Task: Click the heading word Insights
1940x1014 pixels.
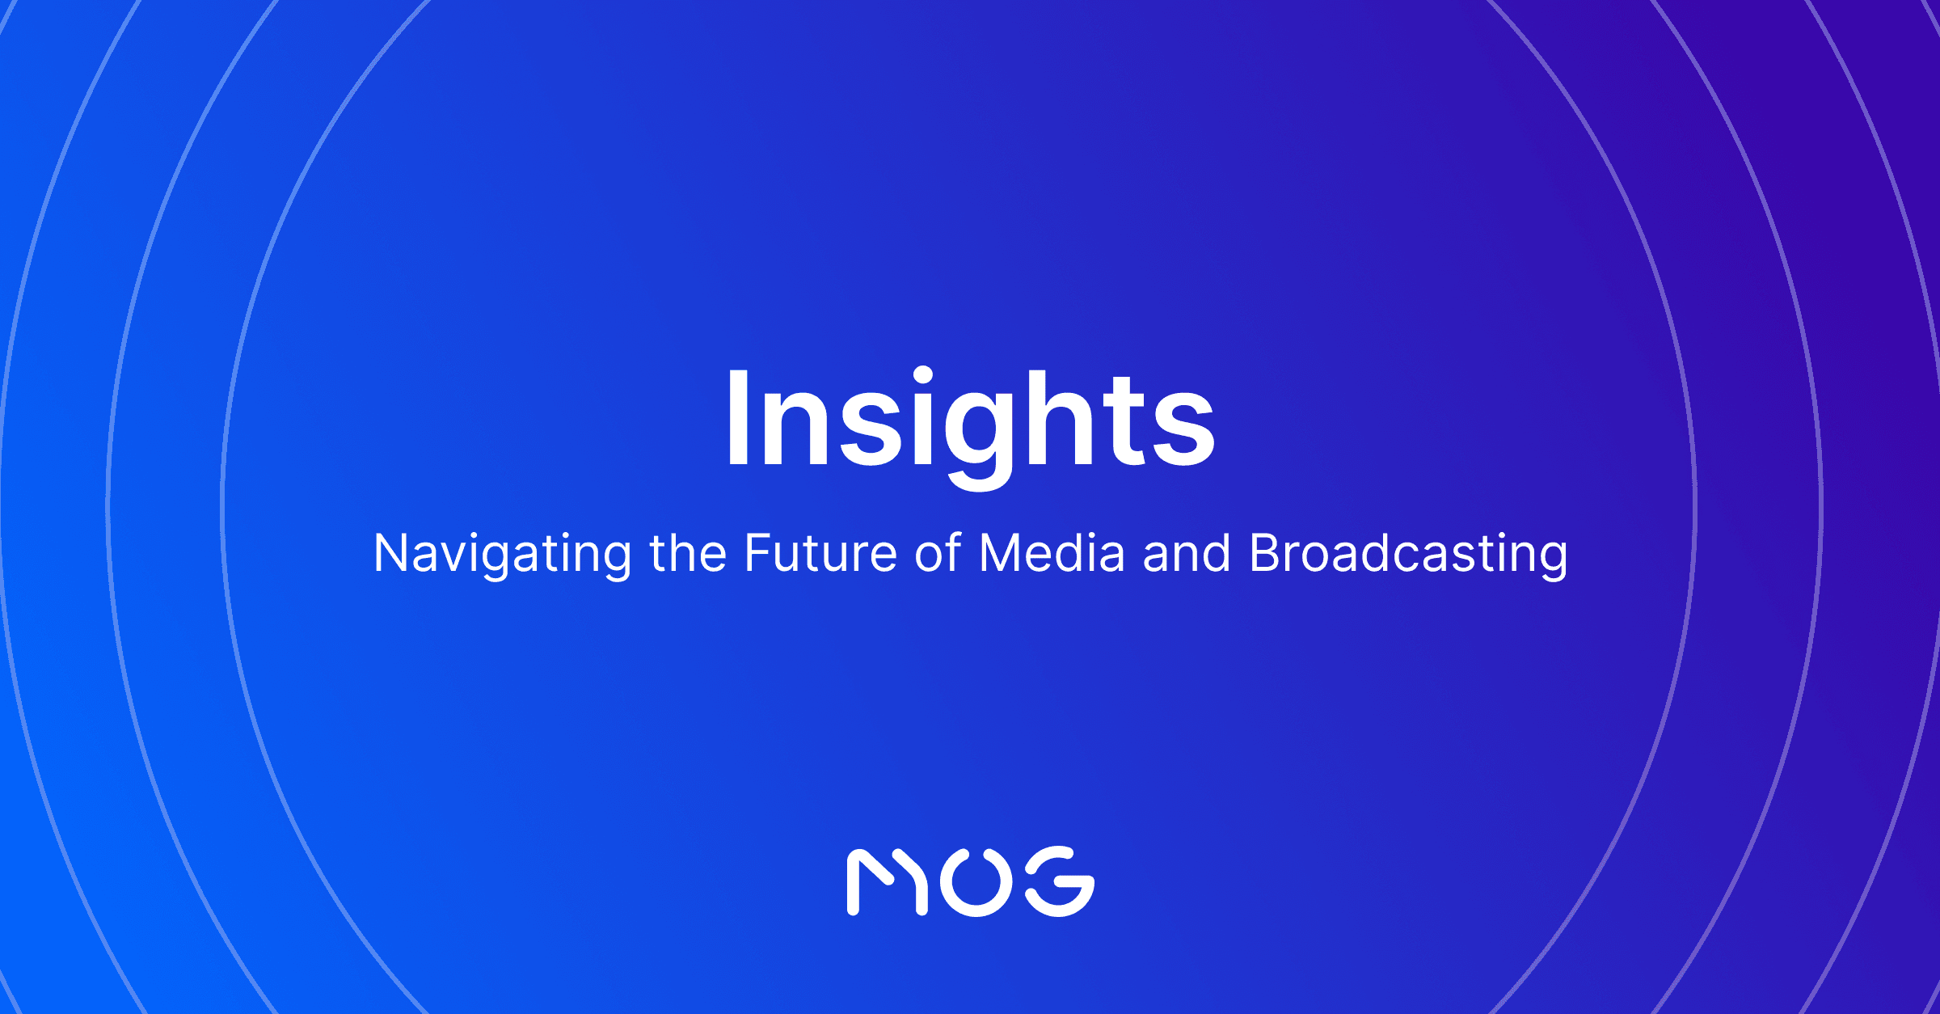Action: pyautogui.click(x=970, y=420)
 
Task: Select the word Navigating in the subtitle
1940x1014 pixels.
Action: pyautogui.click(x=502, y=555)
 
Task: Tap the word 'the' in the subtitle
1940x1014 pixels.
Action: pyautogui.click(x=688, y=554)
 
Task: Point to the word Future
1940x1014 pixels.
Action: pyautogui.click(x=820, y=554)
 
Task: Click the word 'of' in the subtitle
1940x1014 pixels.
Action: pyautogui.click(x=938, y=554)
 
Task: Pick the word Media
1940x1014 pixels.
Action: pyautogui.click(x=1052, y=554)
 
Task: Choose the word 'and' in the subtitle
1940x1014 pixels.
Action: pyautogui.click(x=1187, y=554)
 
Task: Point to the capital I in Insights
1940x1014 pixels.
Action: pyautogui.click(x=738, y=418)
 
